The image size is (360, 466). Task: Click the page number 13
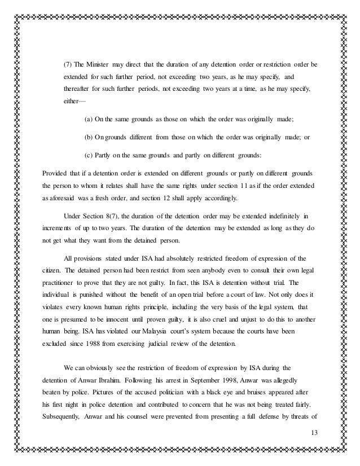(x=314, y=432)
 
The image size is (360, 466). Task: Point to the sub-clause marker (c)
(x=87, y=155)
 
